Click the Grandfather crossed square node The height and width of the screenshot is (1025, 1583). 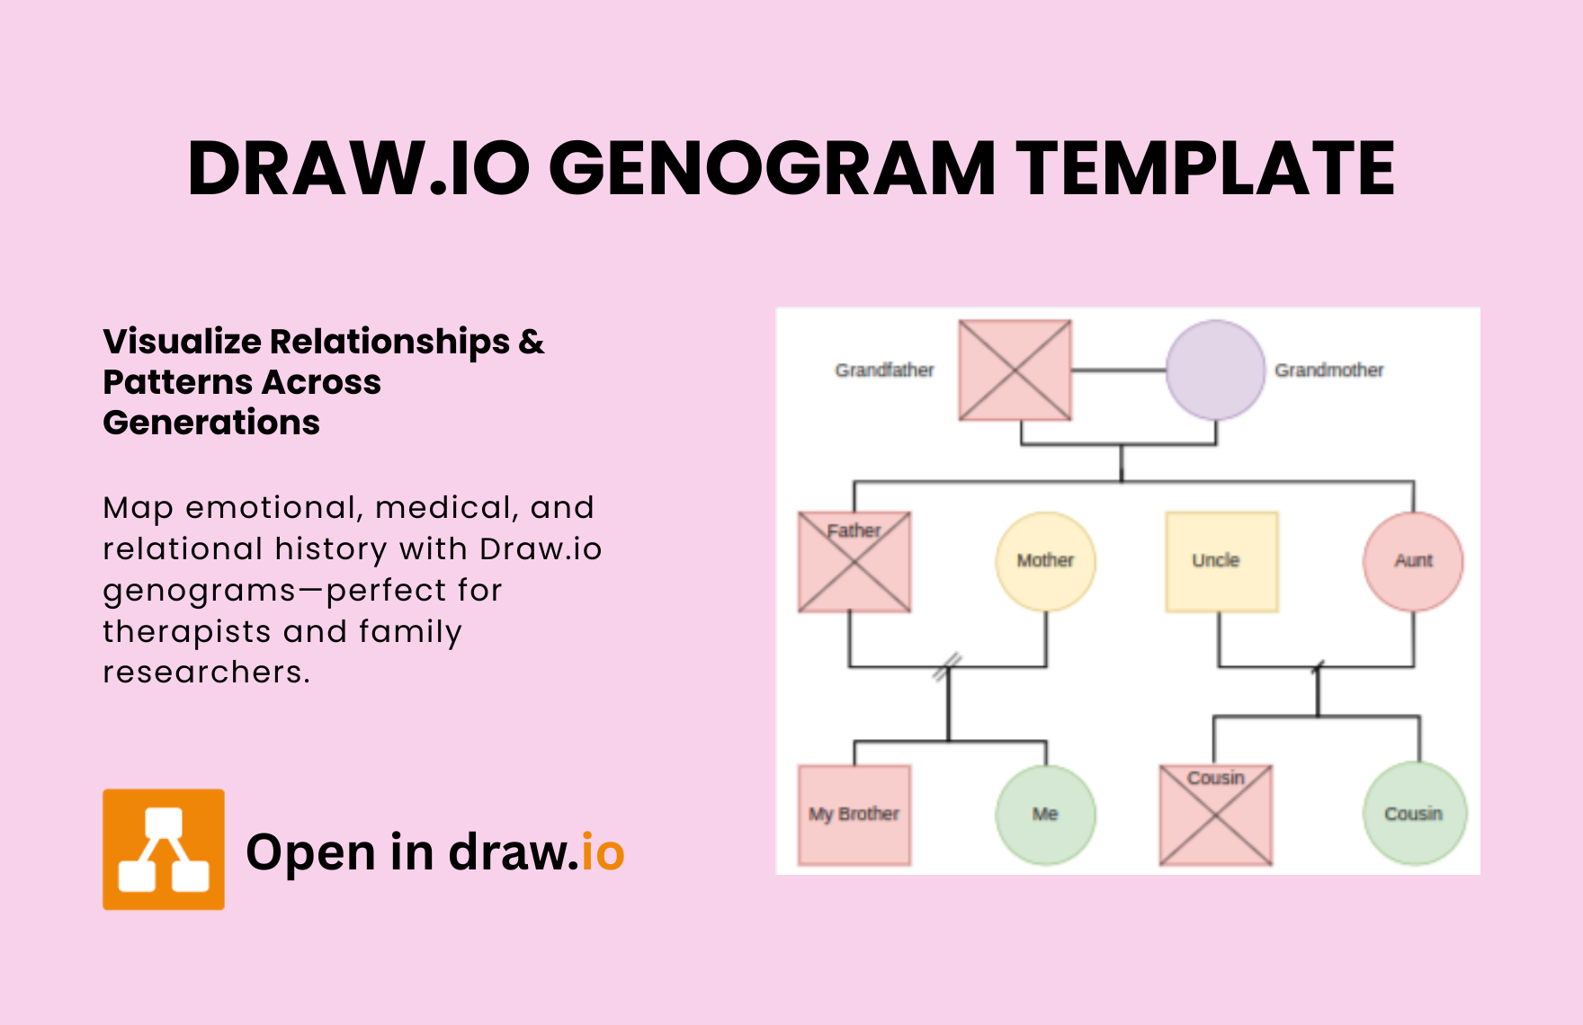tap(1015, 370)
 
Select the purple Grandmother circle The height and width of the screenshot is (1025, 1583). tap(1215, 370)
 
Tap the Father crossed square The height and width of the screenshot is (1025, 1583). tap(854, 562)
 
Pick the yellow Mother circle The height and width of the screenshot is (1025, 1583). tap(1045, 561)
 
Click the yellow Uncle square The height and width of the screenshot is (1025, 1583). tap(1221, 562)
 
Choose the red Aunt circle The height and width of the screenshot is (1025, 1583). tap(1413, 561)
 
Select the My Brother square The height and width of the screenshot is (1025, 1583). tap(854, 815)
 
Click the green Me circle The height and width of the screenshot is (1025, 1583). tap(1045, 815)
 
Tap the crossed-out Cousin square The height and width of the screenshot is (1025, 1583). tap(1216, 815)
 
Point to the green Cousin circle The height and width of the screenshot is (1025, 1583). tap(1415, 814)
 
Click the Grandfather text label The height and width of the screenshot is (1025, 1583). tap(884, 370)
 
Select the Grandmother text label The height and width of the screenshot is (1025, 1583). tap(1328, 370)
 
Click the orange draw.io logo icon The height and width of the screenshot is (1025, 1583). tap(164, 850)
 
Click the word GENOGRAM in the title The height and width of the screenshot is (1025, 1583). tap(772, 168)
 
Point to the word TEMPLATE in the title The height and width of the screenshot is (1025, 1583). tap(1205, 168)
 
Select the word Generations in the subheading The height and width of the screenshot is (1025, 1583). tap(211, 423)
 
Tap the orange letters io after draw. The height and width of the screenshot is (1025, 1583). tap(603, 851)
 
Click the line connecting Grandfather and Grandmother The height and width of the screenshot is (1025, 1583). tap(1118, 370)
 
